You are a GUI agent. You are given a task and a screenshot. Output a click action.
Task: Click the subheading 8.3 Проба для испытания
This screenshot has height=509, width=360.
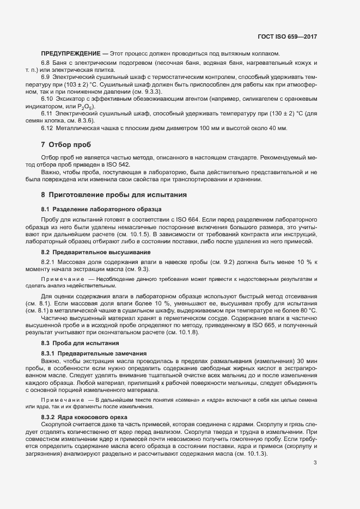(80, 344)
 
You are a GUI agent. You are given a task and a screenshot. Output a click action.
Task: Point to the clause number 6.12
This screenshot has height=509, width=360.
(47, 127)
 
